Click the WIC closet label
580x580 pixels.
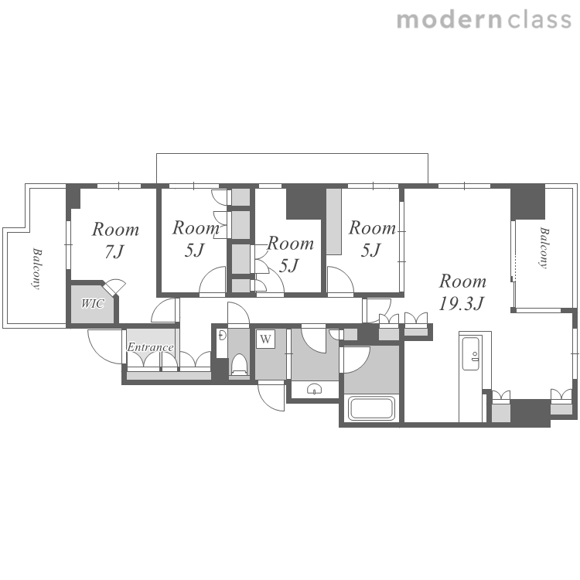coord(93,304)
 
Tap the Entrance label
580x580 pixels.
coord(150,347)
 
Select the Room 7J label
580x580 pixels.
coord(115,241)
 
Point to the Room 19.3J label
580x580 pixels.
coord(462,292)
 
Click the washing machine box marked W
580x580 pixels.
coord(265,339)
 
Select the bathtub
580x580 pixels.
coord(371,408)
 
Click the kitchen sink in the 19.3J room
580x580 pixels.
coord(471,353)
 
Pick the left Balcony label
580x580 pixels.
coord(36,268)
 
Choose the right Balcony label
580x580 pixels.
coord(544,247)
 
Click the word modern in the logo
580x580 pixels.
coord(449,20)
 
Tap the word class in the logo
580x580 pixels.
coord(539,20)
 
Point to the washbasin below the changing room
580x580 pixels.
coord(315,389)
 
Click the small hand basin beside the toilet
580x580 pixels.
coord(222,336)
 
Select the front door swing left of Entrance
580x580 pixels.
coord(104,346)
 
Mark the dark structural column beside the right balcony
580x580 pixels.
coord(528,203)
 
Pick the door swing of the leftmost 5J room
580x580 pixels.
coord(213,281)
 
